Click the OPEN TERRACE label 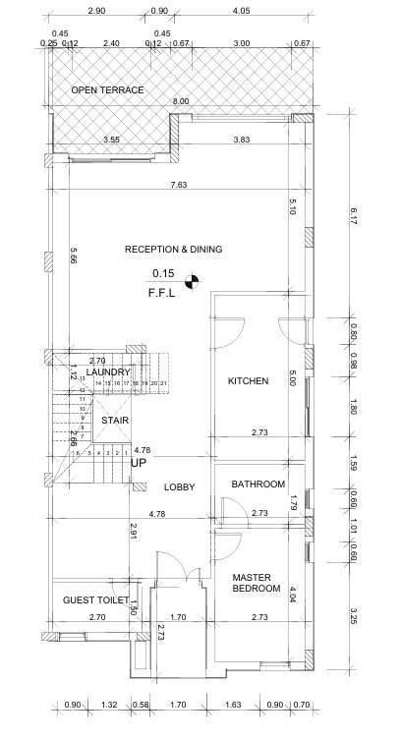pyautogui.click(x=107, y=89)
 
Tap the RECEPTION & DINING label pyautogui.click(x=174, y=249)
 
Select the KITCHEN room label pyautogui.click(x=249, y=381)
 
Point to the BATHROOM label pyautogui.click(x=258, y=484)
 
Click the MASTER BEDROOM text pyautogui.click(x=257, y=583)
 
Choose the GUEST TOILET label pyautogui.click(x=96, y=600)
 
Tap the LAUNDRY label pyautogui.click(x=108, y=372)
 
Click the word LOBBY pyautogui.click(x=179, y=487)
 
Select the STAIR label pyautogui.click(x=115, y=421)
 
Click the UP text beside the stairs pyautogui.click(x=139, y=463)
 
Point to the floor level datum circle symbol pyautogui.click(x=192, y=281)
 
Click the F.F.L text pyautogui.click(x=162, y=293)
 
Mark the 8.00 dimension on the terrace pyautogui.click(x=181, y=101)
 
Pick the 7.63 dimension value pyautogui.click(x=178, y=185)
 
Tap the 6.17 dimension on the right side pyautogui.click(x=353, y=217)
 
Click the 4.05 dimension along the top pyautogui.click(x=241, y=11)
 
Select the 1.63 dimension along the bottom pyautogui.click(x=233, y=705)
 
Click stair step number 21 pyautogui.click(x=163, y=383)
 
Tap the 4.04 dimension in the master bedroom pyautogui.click(x=293, y=595)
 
